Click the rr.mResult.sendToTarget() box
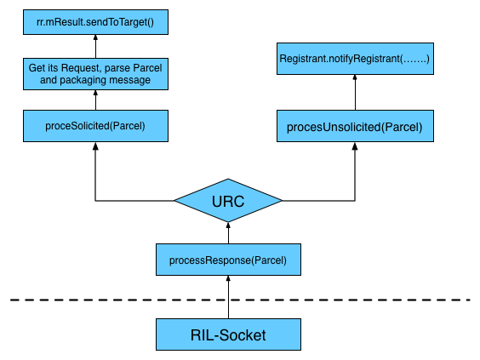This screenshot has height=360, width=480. (95, 22)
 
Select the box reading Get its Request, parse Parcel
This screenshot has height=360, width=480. (95, 74)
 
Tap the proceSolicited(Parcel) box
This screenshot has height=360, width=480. (95, 126)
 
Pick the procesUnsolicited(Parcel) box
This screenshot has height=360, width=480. (355, 126)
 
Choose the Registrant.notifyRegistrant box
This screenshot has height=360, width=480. (355, 59)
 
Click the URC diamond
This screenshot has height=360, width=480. (228, 201)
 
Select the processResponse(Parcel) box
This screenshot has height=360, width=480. (228, 260)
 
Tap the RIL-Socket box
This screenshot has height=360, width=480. (228, 334)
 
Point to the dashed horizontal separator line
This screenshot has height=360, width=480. (240, 300)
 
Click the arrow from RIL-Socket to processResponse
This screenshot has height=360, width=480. (228, 297)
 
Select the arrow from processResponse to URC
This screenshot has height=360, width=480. (228, 233)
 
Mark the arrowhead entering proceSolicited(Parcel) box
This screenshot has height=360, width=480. (95, 146)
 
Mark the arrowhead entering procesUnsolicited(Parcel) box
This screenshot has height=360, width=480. (355, 146)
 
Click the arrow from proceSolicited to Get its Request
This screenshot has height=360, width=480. (95, 100)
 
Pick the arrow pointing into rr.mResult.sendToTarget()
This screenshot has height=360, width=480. (95, 46)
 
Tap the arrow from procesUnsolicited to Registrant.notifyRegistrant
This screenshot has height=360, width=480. (355, 92)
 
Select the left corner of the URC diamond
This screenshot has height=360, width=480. (174, 201)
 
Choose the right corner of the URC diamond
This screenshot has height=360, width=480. (283, 201)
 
